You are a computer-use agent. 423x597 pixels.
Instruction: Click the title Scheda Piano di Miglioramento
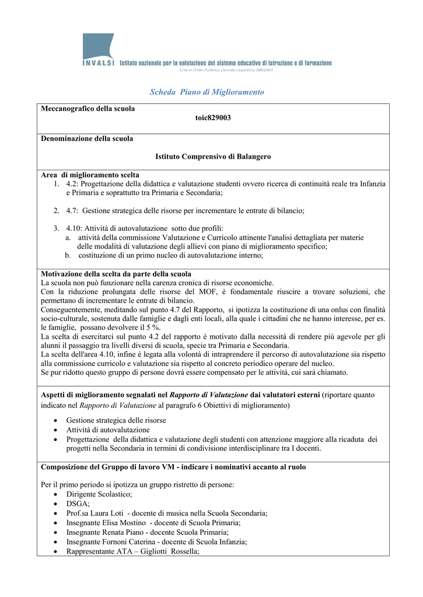[x=207, y=92]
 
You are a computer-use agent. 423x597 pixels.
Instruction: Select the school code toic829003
[x=213, y=118]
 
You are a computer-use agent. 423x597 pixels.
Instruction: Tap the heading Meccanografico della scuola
[x=88, y=108]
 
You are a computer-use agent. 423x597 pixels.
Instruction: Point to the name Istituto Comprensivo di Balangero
[x=213, y=157]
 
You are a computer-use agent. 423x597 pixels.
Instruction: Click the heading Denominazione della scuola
[x=87, y=139]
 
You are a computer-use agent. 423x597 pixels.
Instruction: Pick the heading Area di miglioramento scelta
[x=90, y=175]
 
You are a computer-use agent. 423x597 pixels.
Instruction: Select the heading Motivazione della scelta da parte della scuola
[x=116, y=274]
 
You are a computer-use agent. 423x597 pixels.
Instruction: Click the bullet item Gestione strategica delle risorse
[x=116, y=420]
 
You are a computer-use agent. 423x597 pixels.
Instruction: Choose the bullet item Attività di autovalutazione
[x=108, y=430]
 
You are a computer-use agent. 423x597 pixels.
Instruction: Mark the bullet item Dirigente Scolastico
[x=99, y=494]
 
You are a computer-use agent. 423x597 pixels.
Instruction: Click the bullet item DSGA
[x=78, y=504]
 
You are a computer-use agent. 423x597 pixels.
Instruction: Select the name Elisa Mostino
[x=124, y=523]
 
